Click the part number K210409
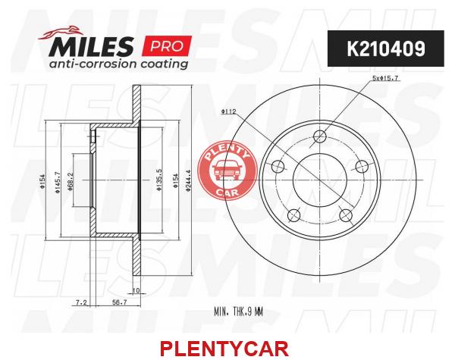point(386,49)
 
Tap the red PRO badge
point(167,45)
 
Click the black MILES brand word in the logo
point(91,46)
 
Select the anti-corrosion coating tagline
point(118,64)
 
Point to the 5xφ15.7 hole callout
point(385,78)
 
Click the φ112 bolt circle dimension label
point(229,111)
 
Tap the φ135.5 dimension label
point(159,180)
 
